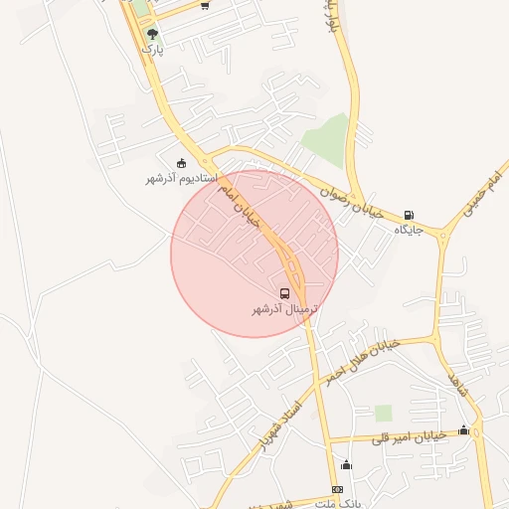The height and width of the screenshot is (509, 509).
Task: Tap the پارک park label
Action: (150, 48)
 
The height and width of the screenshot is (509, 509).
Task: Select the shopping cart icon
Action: (204, 5)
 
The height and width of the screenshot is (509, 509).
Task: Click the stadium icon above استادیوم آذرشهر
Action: (181, 163)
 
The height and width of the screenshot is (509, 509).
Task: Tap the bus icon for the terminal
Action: (285, 294)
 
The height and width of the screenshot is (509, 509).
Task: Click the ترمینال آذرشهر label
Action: (285, 309)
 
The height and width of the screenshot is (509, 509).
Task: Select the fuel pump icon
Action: (409, 216)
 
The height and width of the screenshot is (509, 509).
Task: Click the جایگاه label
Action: (409, 231)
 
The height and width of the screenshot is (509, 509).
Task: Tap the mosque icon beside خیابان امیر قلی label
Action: (464, 430)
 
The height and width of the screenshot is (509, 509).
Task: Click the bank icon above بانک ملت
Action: (337, 489)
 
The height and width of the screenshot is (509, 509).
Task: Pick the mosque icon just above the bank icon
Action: (346, 464)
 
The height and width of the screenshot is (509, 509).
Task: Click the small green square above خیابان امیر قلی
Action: (383, 413)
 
